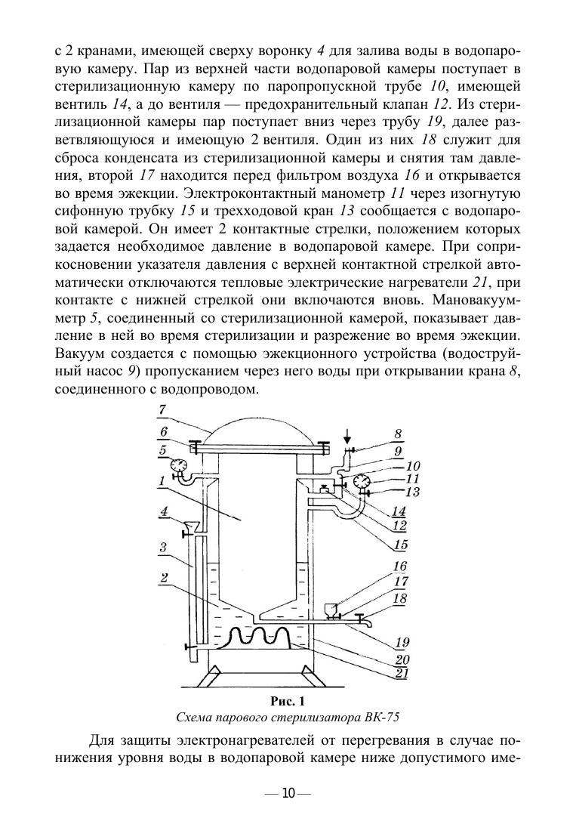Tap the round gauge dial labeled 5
point(178,465)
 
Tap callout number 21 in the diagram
point(402,673)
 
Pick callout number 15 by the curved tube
point(402,543)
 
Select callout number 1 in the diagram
point(162,480)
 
